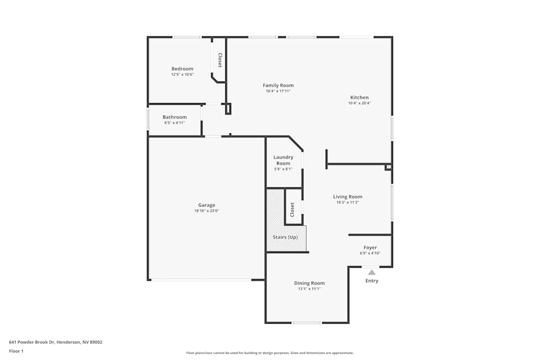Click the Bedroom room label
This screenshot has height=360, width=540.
pyautogui.click(x=182, y=69)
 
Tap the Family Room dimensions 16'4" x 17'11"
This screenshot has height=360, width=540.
pyautogui.click(x=278, y=91)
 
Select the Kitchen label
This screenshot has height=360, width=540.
pyautogui.click(x=359, y=97)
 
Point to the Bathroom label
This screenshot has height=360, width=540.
pyautogui.click(x=174, y=117)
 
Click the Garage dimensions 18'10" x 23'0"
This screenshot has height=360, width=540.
pyautogui.click(x=206, y=210)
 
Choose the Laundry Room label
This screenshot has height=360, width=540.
pyautogui.click(x=283, y=160)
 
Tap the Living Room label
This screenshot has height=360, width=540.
pyautogui.click(x=347, y=196)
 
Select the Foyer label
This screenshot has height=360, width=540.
pyautogui.click(x=370, y=248)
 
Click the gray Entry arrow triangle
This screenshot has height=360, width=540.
pyautogui.click(x=372, y=273)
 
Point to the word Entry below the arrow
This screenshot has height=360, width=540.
pyautogui.click(x=372, y=281)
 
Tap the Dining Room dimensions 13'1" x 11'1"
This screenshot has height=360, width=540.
pyautogui.click(x=309, y=289)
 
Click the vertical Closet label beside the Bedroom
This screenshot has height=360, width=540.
pyautogui.click(x=220, y=60)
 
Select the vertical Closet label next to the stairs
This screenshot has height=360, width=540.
pyautogui.click(x=293, y=209)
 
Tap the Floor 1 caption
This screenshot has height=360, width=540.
pyautogui.click(x=16, y=351)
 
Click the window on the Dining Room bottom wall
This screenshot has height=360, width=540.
pyautogui.click(x=307, y=323)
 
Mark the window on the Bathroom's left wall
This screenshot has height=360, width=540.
pyautogui.click(x=148, y=119)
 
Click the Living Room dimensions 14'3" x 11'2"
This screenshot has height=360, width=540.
pyautogui.click(x=347, y=202)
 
